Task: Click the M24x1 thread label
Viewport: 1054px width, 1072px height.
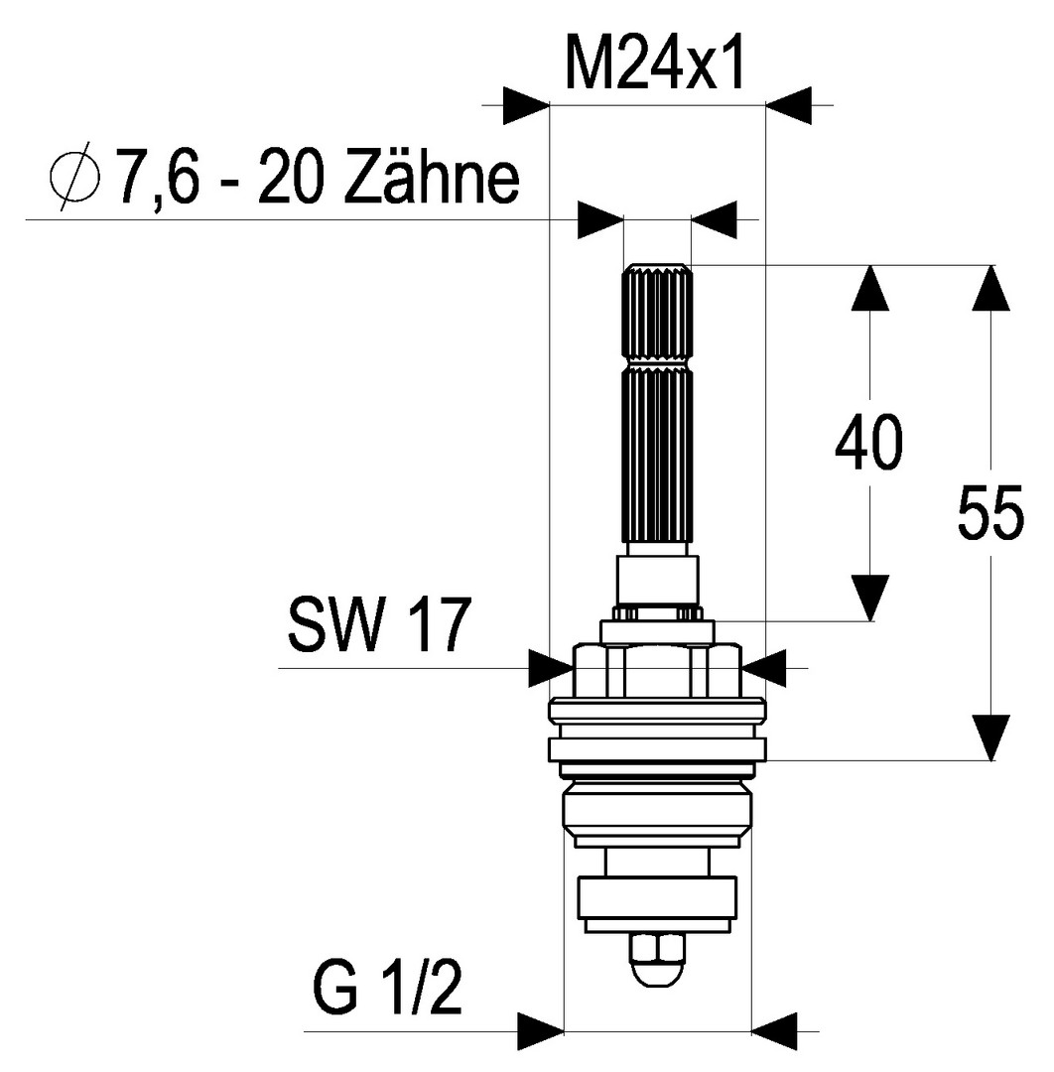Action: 655,63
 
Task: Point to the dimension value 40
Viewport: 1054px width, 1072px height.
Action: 868,444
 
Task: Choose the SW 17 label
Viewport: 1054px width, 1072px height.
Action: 377,625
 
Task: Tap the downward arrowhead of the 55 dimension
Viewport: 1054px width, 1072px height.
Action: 990,737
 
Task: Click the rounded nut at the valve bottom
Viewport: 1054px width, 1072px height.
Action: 656,958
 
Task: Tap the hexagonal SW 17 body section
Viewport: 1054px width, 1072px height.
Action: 656,672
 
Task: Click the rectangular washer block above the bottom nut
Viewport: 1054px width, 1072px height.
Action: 658,904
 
